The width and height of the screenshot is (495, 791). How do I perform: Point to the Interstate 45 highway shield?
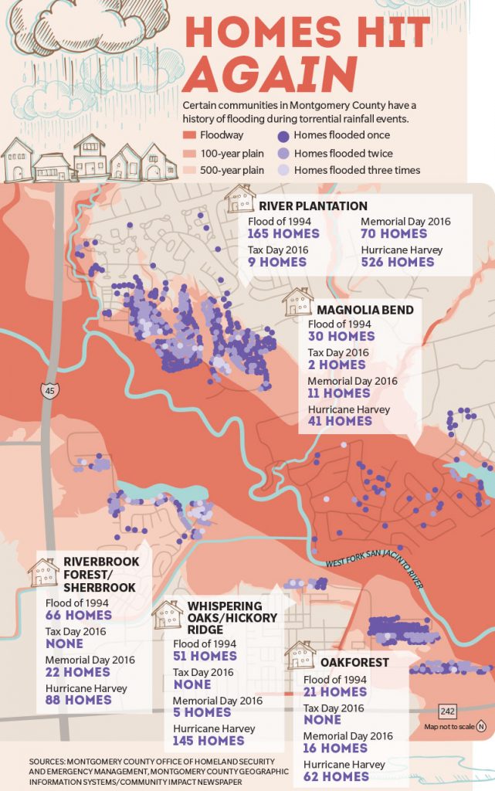coord(49,390)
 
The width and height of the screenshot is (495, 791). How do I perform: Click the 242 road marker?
coord(447,711)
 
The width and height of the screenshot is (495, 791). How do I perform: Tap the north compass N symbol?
coord(481,726)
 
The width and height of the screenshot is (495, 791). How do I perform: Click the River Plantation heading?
coord(313,205)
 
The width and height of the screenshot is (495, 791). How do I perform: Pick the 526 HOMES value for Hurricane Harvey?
coord(398,262)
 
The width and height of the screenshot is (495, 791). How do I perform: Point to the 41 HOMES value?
coord(340,421)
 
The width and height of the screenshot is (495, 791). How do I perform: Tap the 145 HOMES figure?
coord(210,741)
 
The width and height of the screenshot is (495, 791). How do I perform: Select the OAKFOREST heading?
coord(354,662)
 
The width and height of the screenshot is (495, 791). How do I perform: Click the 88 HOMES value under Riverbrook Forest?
coord(78,700)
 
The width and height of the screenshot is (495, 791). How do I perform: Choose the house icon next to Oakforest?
coord(300,655)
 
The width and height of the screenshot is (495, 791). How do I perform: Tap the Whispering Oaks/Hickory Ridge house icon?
coord(167,615)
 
